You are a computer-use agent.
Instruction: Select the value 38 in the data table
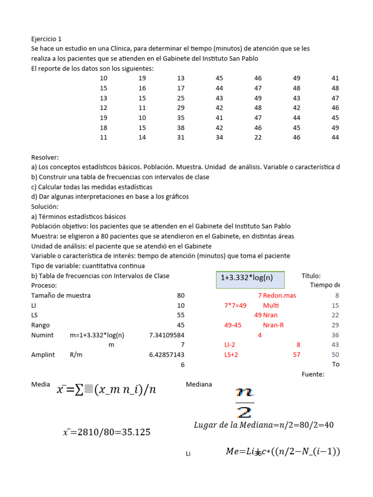(x=181, y=128)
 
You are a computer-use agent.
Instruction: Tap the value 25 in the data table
(x=181, y=98)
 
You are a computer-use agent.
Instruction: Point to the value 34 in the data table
(x=220, y=137)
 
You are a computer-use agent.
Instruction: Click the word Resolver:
(x=45, y=157)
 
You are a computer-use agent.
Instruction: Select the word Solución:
(x=45, y=207)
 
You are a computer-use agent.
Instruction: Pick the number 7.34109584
(x=167, y=335)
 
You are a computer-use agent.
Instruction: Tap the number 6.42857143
(x=167, y=355)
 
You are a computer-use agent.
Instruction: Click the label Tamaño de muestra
(x=61, y=295)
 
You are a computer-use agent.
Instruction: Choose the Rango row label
(x=40, y=325)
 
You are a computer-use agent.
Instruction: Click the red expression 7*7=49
(x=235, y=305)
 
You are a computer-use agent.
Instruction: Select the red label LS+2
(x=231, y=355)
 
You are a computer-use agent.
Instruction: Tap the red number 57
(x=296, y=355)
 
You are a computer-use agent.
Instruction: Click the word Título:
(x=311, y=276)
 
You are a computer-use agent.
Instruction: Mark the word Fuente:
(x=313, y=374)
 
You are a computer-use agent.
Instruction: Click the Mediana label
(x=199, y=384)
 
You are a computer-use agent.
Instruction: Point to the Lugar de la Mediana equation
(x=263, y=425)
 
